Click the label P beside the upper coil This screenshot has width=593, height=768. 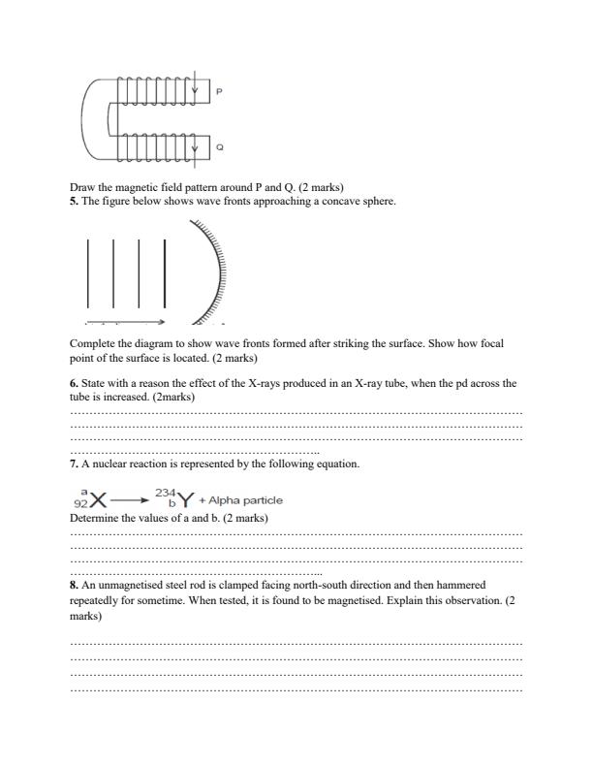click(219, 92)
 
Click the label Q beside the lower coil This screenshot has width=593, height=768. click(219, 148)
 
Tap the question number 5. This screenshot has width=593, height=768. click(73, 201)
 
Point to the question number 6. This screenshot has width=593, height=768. click(73, 384)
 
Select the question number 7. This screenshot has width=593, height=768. click(73, 464)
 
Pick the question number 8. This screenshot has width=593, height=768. click(73, 586)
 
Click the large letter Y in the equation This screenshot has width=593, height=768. click(184, 500)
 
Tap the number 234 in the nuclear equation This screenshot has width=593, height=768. click(165, 493)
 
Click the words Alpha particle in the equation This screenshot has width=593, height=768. click(246, 500)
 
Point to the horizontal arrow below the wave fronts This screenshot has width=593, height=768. click(125, 321)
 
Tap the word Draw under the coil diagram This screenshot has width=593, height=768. click(81, 187)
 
